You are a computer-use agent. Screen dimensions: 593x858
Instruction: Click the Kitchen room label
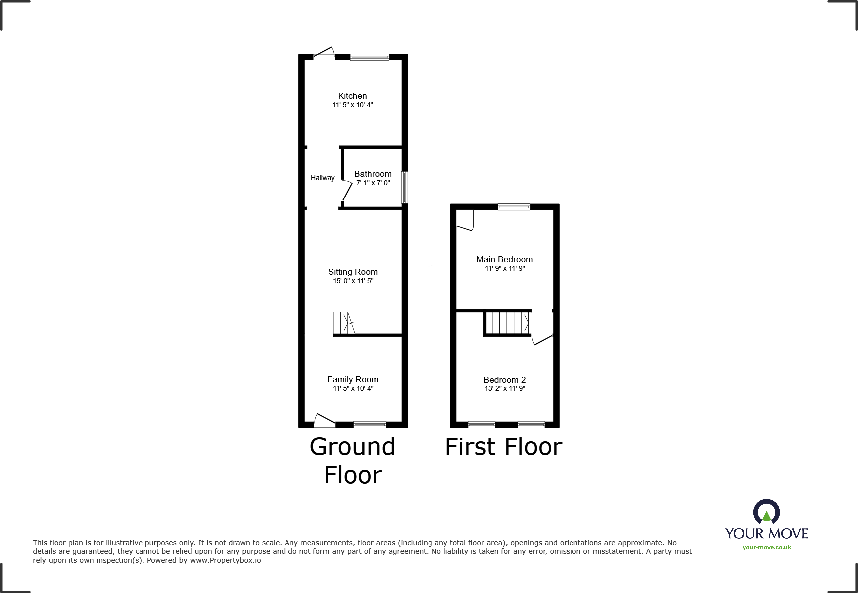[x=352, y=96]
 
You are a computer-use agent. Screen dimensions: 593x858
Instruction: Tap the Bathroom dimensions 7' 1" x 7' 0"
[x=373, y=183]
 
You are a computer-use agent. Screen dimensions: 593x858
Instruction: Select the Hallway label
[x=322, y=178]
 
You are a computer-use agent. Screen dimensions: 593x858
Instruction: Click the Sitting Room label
[x=353, y=272]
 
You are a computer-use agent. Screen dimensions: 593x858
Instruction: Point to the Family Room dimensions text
[x=353, y=388]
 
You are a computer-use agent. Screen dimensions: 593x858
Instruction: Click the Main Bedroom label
[x=504, y=259]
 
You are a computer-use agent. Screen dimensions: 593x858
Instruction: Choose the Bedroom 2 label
[x=504, y=380]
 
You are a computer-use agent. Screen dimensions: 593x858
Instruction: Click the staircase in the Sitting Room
[x=343, y=323]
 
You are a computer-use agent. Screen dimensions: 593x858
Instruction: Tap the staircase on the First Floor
[x=507, y=322]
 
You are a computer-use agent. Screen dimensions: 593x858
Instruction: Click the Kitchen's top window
[x=369, y=57]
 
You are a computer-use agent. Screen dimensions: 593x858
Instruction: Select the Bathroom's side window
[x=405, y=187]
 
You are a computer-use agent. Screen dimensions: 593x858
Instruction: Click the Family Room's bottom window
[x=369, y=425]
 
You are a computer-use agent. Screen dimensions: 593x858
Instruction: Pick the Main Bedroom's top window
[x=514, y=207]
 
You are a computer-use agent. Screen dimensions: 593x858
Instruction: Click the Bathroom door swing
[x=346, y=191]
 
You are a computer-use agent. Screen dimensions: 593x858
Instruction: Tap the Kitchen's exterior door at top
[x=324, y=53]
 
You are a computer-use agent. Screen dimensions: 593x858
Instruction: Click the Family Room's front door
[x=324, y=421]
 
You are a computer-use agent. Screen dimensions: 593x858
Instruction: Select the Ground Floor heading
[x=353, y=460]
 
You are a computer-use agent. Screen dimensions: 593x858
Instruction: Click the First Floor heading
[x=503, y=447]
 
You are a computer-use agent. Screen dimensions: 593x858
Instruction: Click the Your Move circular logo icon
[x=766, y=512]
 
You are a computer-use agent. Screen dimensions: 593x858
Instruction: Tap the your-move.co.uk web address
[x=766, y=547]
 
